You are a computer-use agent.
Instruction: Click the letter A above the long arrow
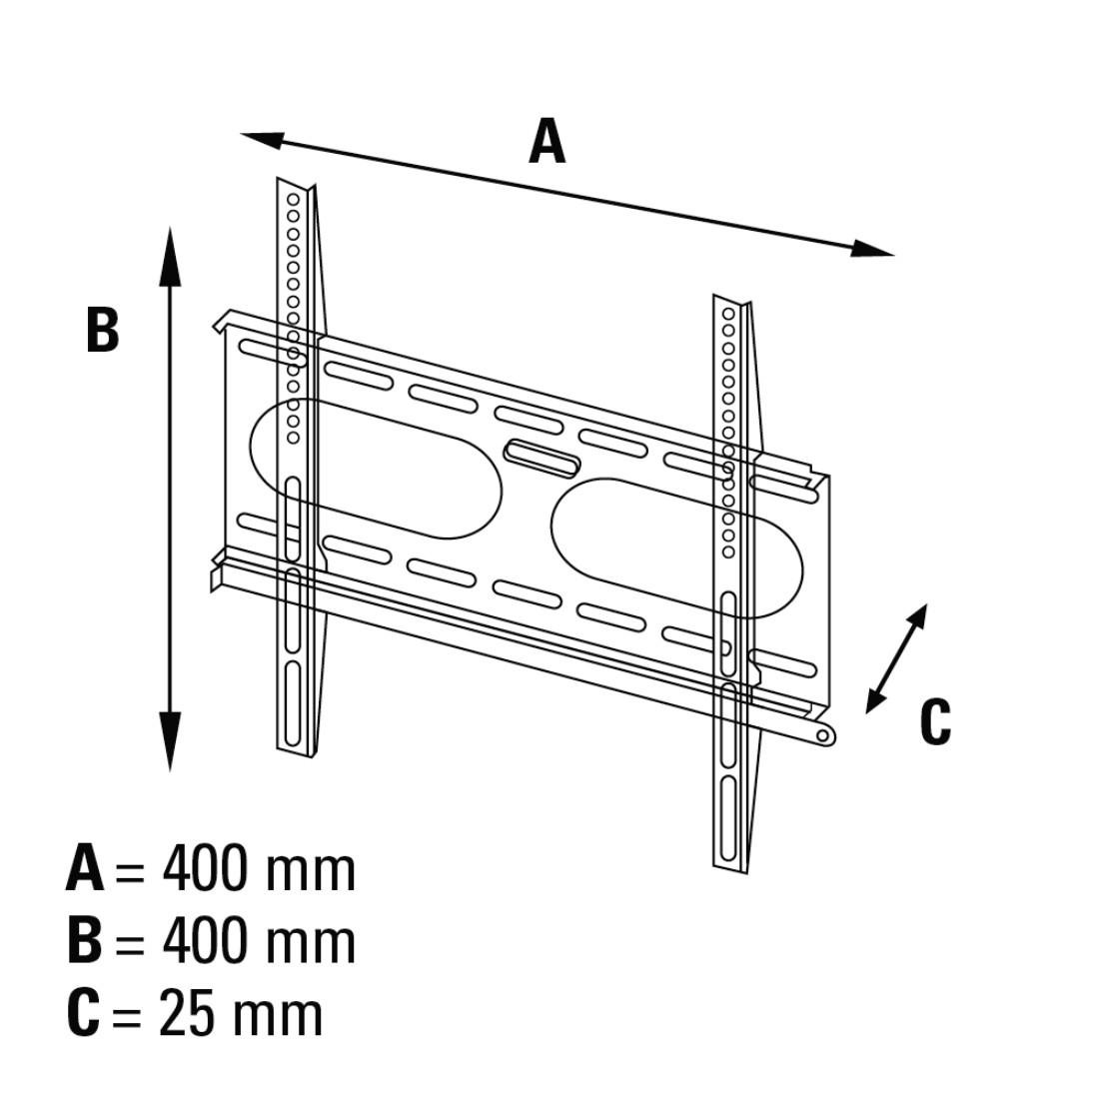point(547,141)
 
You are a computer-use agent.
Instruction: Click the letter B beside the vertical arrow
point(102,330)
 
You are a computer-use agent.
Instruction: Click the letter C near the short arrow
point(935,721)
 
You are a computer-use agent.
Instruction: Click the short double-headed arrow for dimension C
point(896,658)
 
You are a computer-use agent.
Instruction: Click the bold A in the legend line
point(85,869)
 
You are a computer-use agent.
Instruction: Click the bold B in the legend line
point(85,941)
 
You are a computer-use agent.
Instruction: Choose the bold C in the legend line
point(83,1013)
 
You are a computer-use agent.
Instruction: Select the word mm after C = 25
point(278,1020)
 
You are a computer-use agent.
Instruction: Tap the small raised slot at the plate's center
point(543,458)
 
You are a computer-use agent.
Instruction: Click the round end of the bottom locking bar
point(825,735)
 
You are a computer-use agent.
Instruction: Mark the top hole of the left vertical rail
point(293,200)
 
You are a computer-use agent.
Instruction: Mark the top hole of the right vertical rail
point(728,314)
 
